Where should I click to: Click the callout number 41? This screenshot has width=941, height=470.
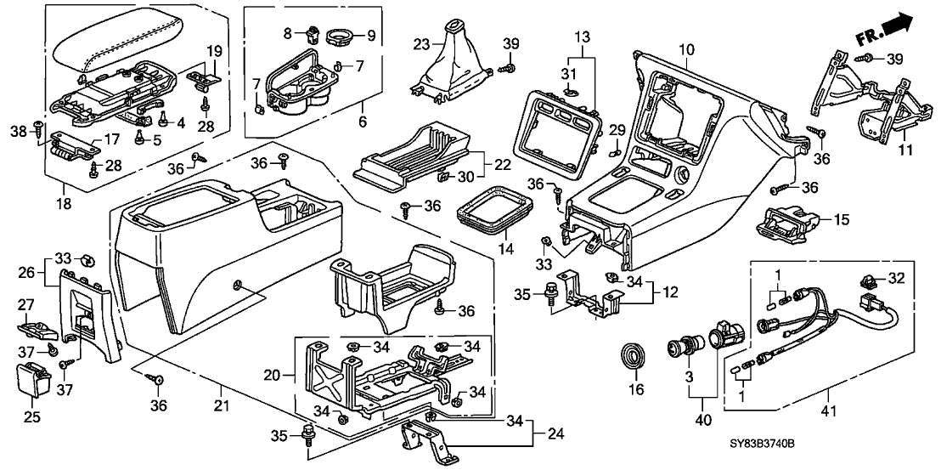(x=829, y=412)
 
